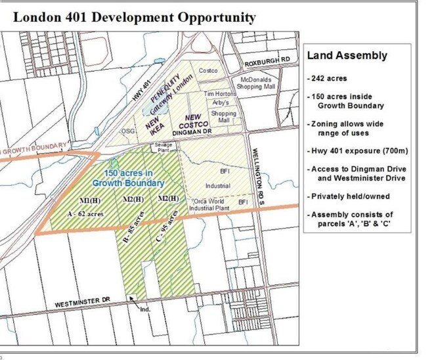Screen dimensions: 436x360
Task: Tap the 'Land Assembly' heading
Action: [x=347, y=56]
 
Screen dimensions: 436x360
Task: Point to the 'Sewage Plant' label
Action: [x=163, y=147]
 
